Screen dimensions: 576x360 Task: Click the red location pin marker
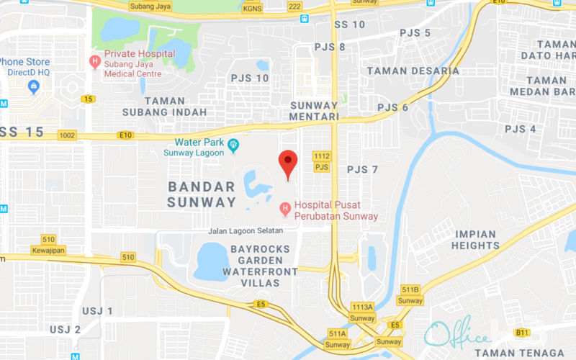pos(288,163)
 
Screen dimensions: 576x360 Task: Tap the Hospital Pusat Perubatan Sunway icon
pos(285,209)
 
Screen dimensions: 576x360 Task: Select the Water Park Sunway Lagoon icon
pos(233,148)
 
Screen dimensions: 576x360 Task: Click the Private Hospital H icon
pos(94,61)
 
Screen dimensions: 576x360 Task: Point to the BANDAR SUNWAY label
pos(202,194)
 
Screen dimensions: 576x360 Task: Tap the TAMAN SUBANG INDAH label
pos(164,107)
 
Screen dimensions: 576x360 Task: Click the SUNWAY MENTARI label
pos(314,111)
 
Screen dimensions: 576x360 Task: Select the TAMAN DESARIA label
pos(413,71)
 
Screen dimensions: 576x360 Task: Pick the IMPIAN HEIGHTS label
pos(475,240)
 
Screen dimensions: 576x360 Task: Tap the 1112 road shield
pos(321,156)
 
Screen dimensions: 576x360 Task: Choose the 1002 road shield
pos(68,135)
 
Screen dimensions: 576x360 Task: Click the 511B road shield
pos(410,289)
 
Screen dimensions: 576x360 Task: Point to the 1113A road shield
pos(362,307)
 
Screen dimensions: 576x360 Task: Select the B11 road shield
pos(523,332)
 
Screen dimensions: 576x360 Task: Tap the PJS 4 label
pos(520,129)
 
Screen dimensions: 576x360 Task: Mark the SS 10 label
pos(350,24)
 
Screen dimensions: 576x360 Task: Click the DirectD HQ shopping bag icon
pos(33,87)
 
